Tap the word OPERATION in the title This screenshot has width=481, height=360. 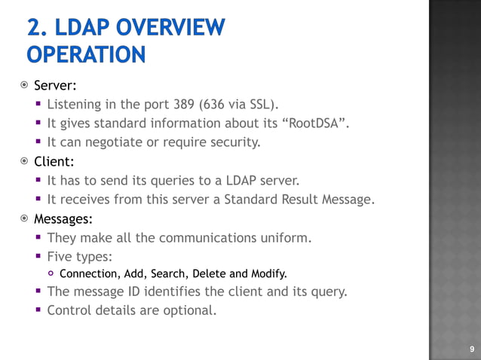click(85, 54)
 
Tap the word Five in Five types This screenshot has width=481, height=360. click(61, 256)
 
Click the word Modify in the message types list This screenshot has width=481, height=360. click(268, 273)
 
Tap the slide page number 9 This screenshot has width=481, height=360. click(472, 349)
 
